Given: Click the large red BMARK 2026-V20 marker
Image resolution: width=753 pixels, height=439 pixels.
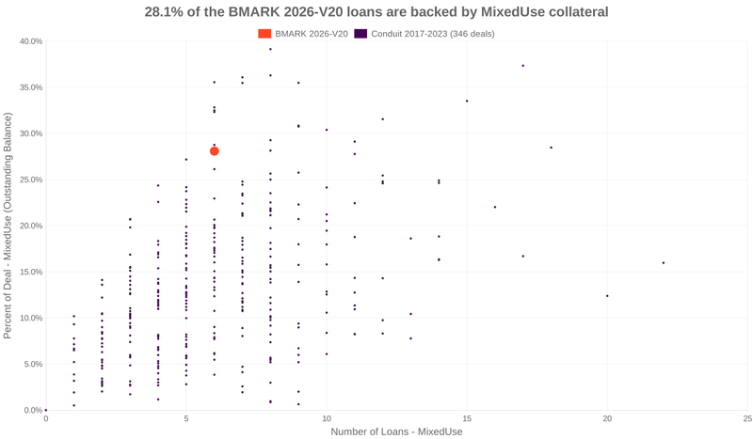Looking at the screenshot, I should pyautogui.click(x=215, y=151).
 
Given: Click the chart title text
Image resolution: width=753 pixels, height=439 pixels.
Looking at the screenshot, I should pyautogui.click(x=376, y=12).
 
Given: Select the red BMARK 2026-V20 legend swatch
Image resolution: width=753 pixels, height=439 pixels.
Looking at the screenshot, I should pyautogui.click(x=264, y=34).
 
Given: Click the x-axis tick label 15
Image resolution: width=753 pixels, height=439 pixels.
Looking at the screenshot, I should pyautogui.click(x=467, y=418).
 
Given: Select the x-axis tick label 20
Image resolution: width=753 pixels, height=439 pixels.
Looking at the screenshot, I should pyautogui.click(x=607, y=418).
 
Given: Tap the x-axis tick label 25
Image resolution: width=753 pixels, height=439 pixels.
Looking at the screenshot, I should pyautogui.click(x=747, y=418).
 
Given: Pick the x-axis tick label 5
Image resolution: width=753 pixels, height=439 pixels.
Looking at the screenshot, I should pyautogui.click(x=186, y=418).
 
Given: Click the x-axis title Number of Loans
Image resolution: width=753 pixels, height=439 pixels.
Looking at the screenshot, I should pyautogui.click(x=396, y=431).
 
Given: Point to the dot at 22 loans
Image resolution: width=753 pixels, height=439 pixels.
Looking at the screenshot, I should pyautogui.click(x=664, y=263).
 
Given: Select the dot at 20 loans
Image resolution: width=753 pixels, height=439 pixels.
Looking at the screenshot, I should pyautogui.click(x=607, y=296).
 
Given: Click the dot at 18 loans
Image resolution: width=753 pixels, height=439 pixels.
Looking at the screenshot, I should pyautogui.click(x=552, y=148).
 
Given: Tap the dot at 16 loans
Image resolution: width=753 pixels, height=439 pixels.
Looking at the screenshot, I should pyautogui.click(x=495, y=208).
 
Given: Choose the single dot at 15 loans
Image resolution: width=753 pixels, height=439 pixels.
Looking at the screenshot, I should pyautogui.click(x=467, y=102).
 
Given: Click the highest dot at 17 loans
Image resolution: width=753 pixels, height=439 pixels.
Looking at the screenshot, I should pyautogui.click(x=523, y=66).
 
